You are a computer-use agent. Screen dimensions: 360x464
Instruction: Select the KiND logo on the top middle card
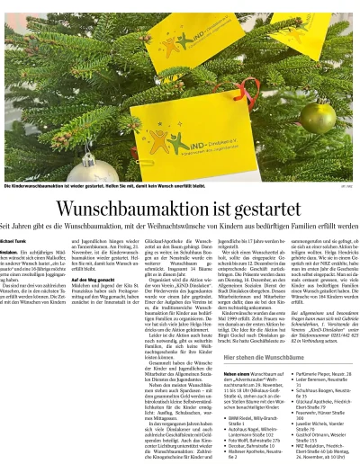tap(178, 40)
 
